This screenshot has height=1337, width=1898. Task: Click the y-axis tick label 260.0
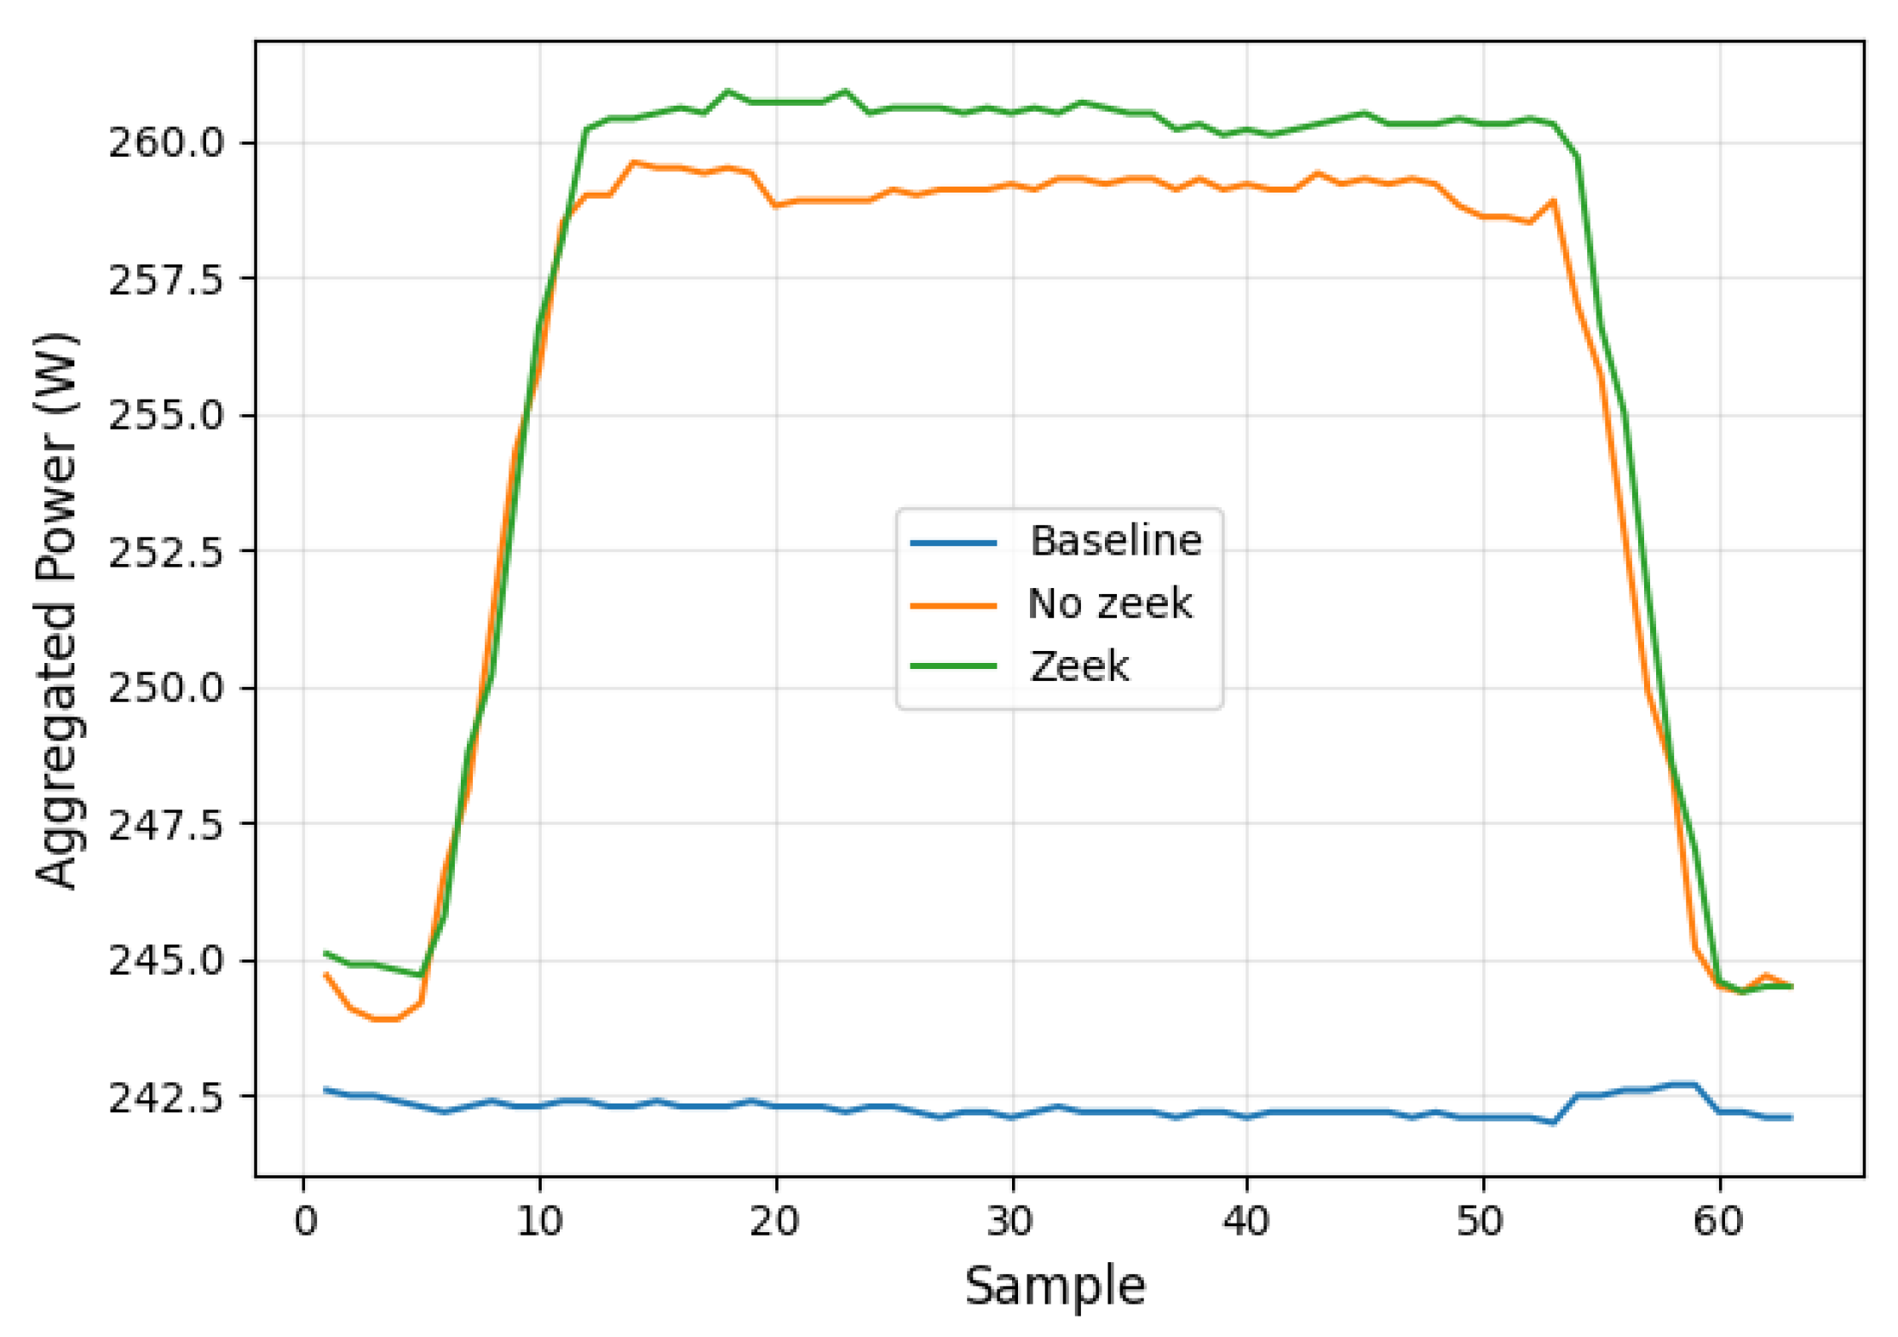click(x=166, y=142)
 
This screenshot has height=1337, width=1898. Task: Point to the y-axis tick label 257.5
click(x=166, y=279)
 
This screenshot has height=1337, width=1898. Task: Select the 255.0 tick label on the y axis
click(x=166, y=416)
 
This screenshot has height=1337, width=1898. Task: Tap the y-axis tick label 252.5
click(x=166, y=551)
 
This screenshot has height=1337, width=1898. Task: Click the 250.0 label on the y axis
click(x=166, y=688)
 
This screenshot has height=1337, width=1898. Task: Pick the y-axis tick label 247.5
click(x=166, y=824)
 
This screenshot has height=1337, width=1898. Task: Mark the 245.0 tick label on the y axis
click(x=166, y=961)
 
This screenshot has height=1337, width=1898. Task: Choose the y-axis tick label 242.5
click(x=166, y=1098)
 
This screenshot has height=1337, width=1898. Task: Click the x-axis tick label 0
click(x=305, y=1221)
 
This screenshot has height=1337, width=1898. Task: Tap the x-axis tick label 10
click(x=540, y=1221)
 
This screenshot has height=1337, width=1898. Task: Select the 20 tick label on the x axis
click(x=775, y=1221)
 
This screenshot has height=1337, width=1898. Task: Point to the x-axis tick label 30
click(x=1011, y=1221)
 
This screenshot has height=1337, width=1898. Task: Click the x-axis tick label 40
click(x=1246, y=1221)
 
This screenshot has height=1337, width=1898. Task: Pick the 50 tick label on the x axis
click(x=1482, y=1221)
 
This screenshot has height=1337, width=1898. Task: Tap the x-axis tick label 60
click(x=1718, y=1221)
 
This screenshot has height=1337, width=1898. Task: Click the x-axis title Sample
click(x=1055, y=1286)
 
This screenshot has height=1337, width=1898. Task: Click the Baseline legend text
click(x=1116, y=540)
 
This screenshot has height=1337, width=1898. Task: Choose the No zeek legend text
click(x=1110, y=603)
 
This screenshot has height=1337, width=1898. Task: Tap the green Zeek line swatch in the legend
click(x=953, y=666)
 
